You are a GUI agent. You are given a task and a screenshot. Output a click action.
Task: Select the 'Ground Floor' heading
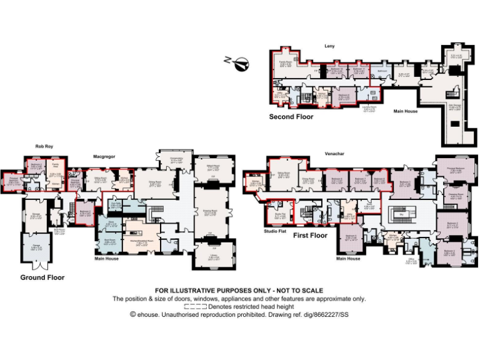pyautogui.click(x=42, y=277)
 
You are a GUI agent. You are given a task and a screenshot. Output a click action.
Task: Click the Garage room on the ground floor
pyautogui.click(x=37, y=248)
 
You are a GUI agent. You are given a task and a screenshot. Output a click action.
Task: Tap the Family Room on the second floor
pyautogui.click(x=287, y=64)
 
